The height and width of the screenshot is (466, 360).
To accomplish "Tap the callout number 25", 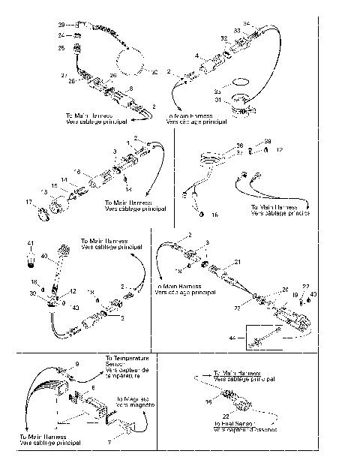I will click(61, 48).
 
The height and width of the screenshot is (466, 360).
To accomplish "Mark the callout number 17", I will click(28, 202).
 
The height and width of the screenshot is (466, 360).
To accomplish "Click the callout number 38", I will click(240, 145).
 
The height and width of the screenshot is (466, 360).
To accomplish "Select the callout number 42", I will click(73, 290).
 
